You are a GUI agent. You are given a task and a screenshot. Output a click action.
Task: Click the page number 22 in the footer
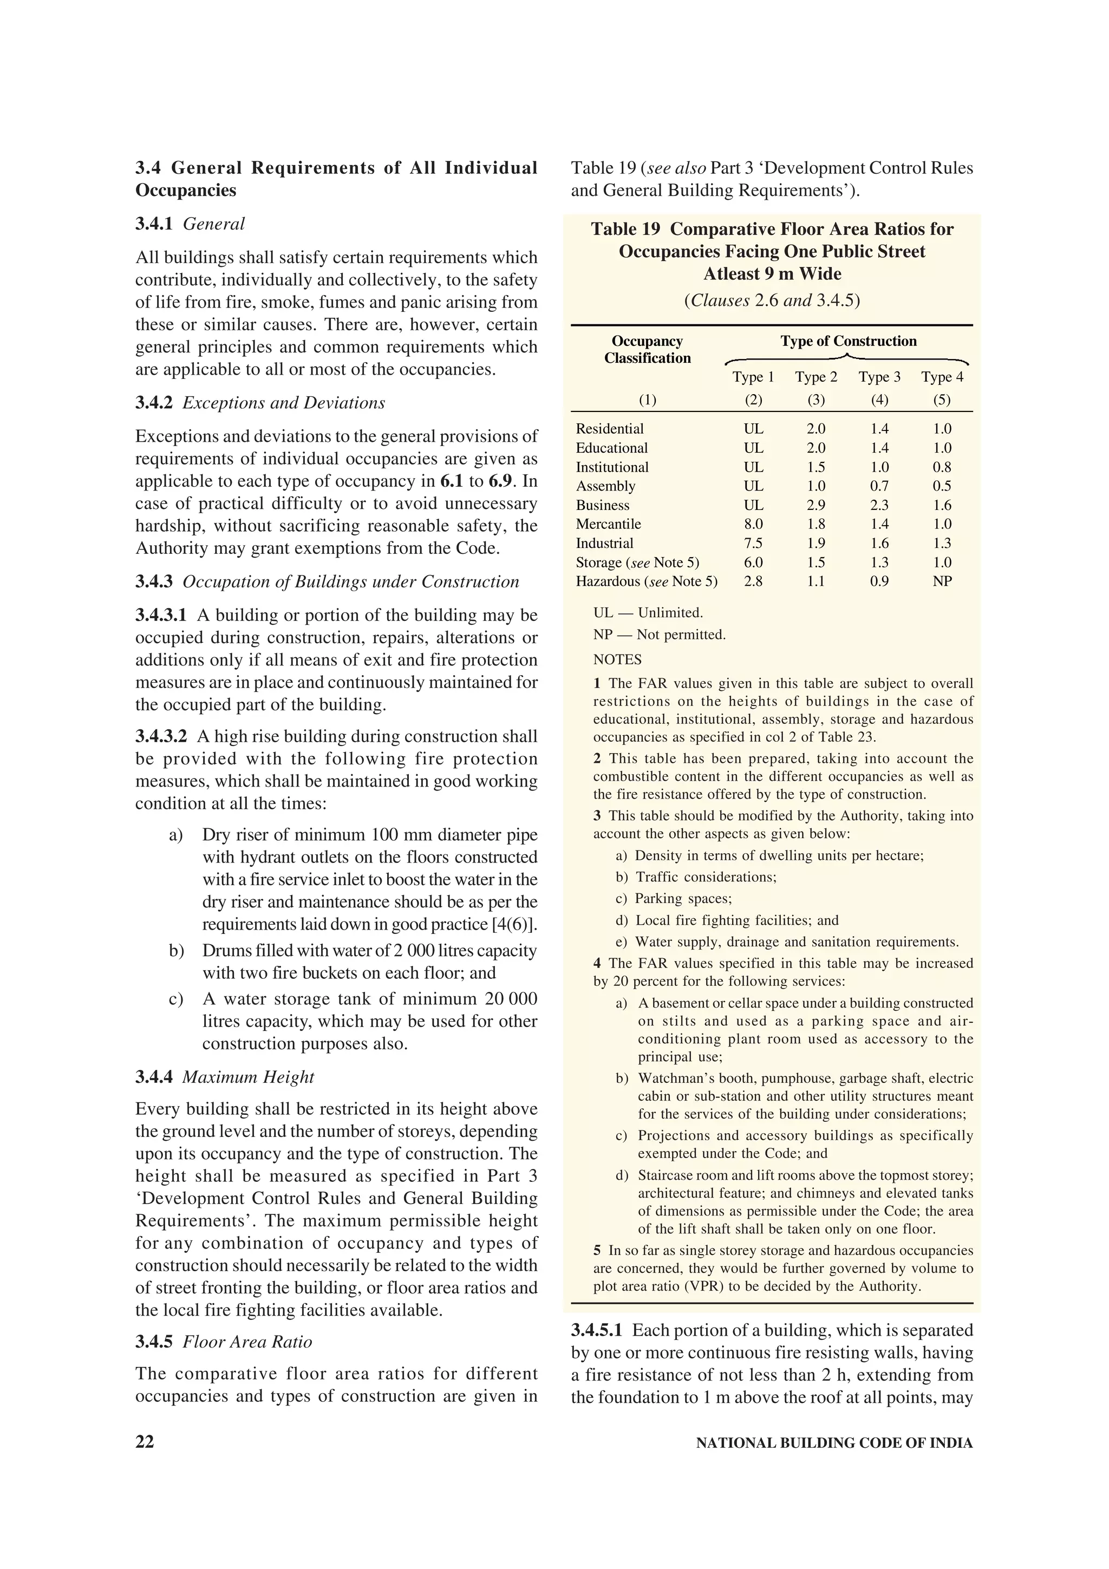145,1442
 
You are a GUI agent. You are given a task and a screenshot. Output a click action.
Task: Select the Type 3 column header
879,377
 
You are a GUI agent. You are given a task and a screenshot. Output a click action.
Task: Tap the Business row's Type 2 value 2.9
816,505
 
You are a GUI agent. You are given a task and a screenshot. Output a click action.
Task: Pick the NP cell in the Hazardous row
942,581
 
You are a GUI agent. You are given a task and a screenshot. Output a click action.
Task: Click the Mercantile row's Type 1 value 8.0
753,524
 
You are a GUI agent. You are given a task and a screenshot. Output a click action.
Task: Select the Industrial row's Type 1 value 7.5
753,543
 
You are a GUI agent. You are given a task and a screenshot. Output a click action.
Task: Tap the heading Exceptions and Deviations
284,403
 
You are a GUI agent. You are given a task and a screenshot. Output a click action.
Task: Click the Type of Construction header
848,341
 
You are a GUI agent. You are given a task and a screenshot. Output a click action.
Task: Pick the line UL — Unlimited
648,613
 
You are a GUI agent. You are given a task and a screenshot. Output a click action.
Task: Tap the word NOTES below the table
617,659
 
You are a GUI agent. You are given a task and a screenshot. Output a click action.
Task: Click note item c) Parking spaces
673,899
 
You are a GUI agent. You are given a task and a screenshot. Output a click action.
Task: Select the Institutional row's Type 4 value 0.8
942,467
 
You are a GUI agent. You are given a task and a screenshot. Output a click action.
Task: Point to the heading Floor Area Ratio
247,1342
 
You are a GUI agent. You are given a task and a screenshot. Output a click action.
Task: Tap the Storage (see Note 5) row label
637,563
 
